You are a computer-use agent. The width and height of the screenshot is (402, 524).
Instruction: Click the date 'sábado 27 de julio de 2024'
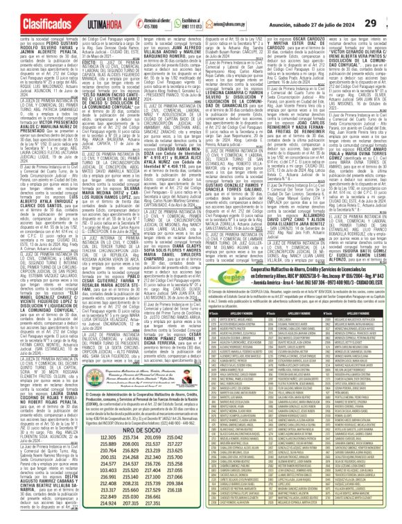coord(335,10)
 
